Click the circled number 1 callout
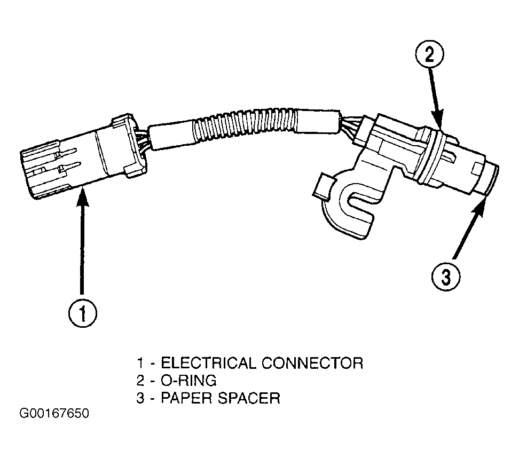tap(83, 313)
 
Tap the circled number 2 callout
tap(430, 54)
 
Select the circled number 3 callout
tap(446, 277)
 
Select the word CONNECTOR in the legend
tap(312, 363)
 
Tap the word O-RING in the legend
tap(188, 381)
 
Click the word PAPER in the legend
tap(186, 398)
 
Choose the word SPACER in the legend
tap(249, 398)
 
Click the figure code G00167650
tap(54, 414)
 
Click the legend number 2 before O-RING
tap(140, 381)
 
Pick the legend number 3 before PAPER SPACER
tap(140, 398)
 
